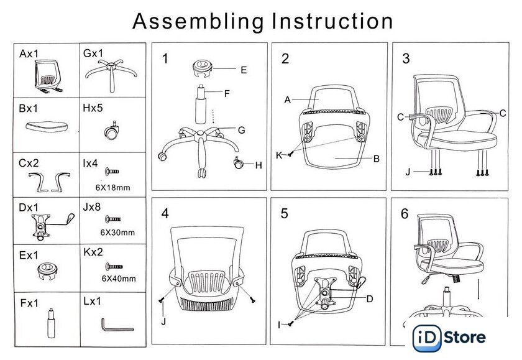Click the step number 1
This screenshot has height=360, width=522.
pos(165,59)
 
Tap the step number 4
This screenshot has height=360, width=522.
pos(165,213)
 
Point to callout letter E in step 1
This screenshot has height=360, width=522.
pos(244,70)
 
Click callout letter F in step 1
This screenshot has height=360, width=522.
pos(227,94)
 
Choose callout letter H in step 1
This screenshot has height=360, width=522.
pos(259,165)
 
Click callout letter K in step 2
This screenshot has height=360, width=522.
pos(279,154)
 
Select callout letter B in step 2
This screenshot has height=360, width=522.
pos(376,159)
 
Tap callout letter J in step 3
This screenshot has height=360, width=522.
pos(408,171)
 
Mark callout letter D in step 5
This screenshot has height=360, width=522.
pos(369,298)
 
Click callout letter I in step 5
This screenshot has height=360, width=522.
pos(280,324)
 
